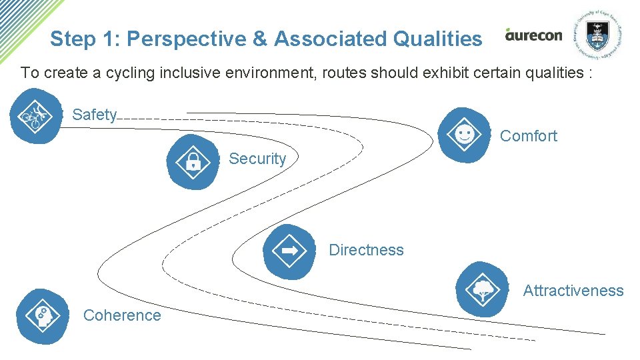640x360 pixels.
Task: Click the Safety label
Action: click(94, 115)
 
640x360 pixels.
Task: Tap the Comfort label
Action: click(528, 136)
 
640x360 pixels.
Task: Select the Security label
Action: click(257, 159)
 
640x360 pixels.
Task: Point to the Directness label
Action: click(366, 250)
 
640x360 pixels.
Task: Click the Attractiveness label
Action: click(573, 291)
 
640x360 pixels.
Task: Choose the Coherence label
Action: click(122, 315)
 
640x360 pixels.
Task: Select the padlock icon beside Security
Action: click(193, 161)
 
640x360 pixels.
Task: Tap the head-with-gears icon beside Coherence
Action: click(41, 315)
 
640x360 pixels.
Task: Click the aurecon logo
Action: click(533, 35)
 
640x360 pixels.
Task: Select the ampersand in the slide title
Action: click(259, 39)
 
